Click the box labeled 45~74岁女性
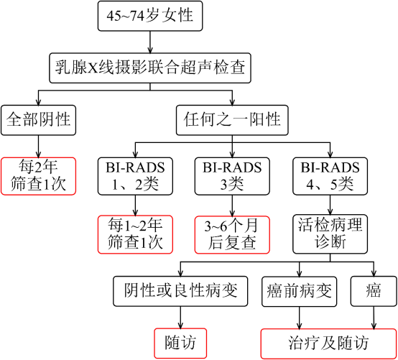click(150, 16)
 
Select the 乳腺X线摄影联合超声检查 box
click(150, 68)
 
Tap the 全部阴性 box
click(38, 120)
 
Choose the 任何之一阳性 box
click(232, 120)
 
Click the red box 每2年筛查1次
click(38, 176)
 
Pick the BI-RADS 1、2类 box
click(135, 176)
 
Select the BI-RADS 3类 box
click(232, 176)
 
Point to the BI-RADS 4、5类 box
click(330, 176)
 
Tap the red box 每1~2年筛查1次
click(135, 234)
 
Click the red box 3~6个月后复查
click(232, 234)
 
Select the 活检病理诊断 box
click(330, 234)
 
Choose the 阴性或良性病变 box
click(180, 291)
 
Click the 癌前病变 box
click(300, 291)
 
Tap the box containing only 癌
click(374, 291)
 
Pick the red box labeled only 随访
click(180, 343)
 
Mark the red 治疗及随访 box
click(329, 343)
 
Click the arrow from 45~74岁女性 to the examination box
click(150, 42)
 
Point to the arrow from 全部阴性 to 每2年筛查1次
click(38, 147)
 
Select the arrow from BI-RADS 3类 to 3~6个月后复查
click(232, 206)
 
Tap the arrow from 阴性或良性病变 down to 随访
click(180, 318)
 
